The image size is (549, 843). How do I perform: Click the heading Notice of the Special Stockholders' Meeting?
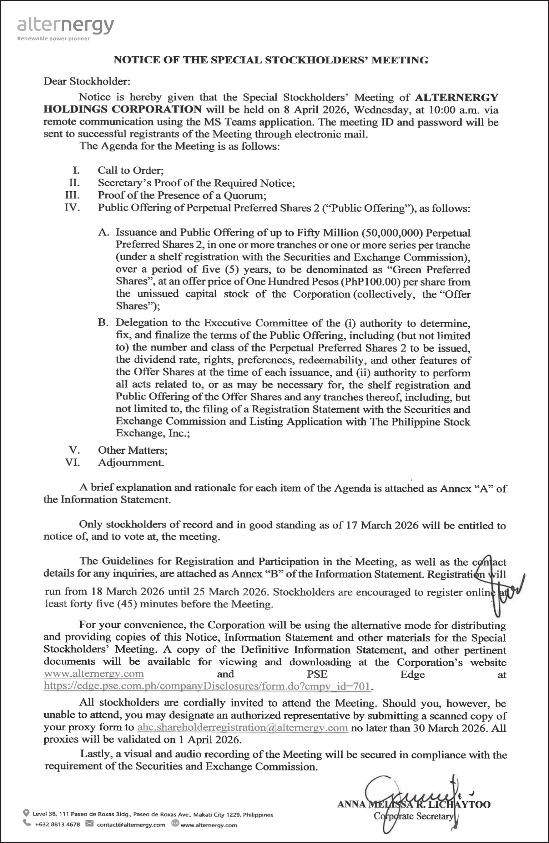[x=271, y=60]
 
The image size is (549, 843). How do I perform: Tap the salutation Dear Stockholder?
[x=87, y=81]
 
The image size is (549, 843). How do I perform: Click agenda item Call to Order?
[x=131, y=170]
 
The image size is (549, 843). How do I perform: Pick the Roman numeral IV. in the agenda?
[x=72, y=207]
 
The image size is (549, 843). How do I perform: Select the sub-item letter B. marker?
[x=103, y=323]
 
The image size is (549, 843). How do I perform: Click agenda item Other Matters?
[x=133, y=450]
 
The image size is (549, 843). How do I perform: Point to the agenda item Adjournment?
[x=131, y=463]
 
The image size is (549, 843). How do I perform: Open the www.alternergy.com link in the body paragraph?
[x=94, y=674]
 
